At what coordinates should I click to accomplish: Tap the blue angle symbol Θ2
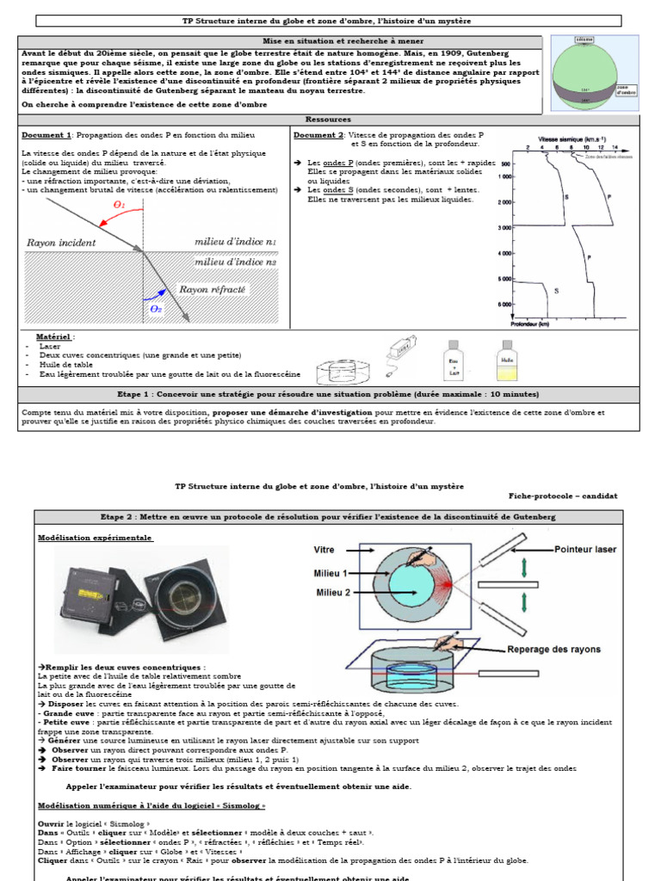click(157, 308)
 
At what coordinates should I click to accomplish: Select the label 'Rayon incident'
click(61, 243)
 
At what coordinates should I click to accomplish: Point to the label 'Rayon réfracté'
click(213, 290)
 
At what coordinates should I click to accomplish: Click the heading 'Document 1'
click(46, 135)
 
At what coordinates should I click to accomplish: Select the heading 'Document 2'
click(318, 135)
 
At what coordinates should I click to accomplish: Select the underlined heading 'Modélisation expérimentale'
click(95, 538)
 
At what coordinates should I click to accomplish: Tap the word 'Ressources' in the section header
click(323, 120)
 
